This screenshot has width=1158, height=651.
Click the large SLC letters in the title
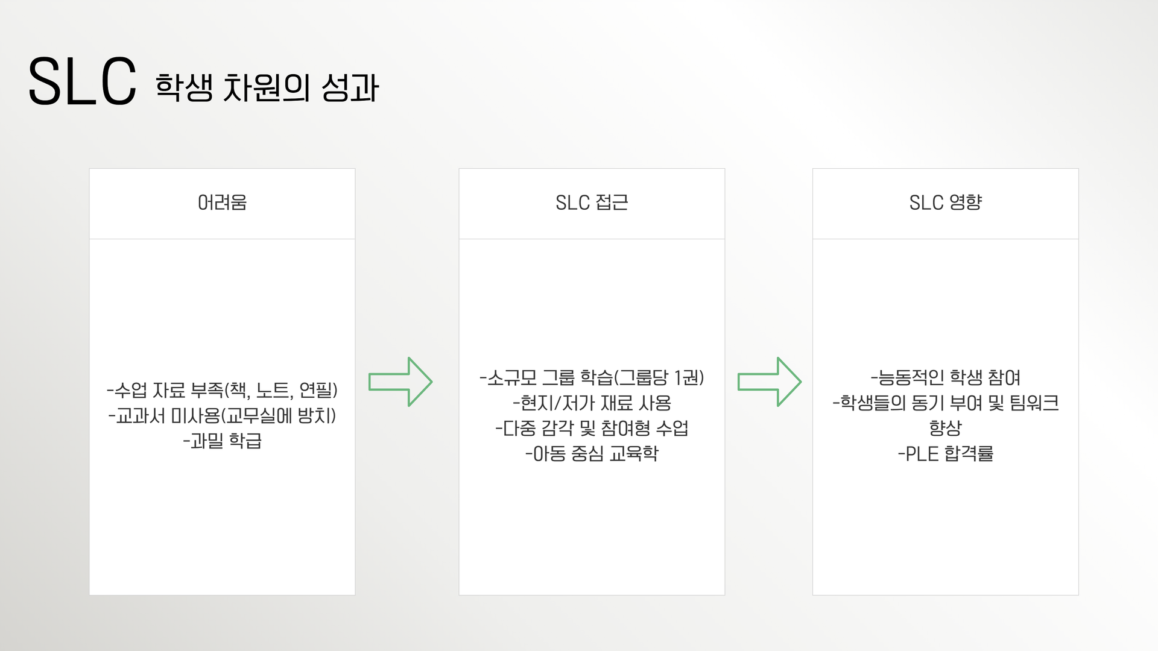(x=83, y=82)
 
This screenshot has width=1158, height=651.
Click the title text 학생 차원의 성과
(x=267, y=88)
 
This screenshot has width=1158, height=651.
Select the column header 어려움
(x=222, y=203)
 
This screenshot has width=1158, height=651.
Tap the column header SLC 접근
(x=592, y=203)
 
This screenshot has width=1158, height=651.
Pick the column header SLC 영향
(x=945, y=203)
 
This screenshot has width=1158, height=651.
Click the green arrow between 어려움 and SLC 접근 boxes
(x=400, y=382)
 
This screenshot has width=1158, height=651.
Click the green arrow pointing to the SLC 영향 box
(x=769, y=382)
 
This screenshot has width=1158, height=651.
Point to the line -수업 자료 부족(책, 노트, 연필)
(x=222, y=390)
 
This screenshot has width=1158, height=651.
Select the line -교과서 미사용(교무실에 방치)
(x=222, y=415)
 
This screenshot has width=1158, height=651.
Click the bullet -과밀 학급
(x=222, y=441)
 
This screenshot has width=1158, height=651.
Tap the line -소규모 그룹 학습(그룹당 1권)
(x=592, y=377)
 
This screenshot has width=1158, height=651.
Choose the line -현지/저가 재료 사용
(x=592, y=403)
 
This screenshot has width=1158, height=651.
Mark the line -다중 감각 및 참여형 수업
(x=592, y=428)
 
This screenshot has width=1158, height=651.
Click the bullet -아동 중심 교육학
(x=592, y=453)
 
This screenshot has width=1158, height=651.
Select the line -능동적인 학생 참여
(x=945, y=377)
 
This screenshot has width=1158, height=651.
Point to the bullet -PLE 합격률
(x=945, y=453)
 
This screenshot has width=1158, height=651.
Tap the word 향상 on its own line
(x=945, y=428)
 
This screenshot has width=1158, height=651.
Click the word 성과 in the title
(x=350, y=88)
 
